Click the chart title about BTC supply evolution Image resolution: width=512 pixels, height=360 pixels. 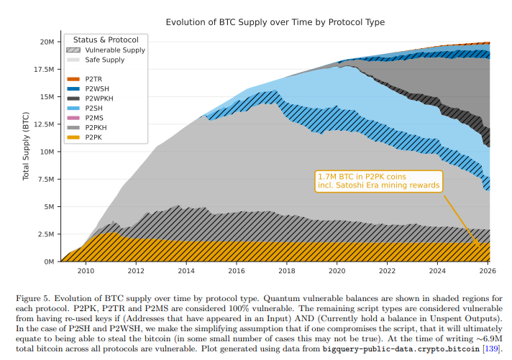pos(275,22)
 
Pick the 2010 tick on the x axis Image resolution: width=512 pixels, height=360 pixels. pos(86,271)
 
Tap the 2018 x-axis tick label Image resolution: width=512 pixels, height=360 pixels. pos(287,271)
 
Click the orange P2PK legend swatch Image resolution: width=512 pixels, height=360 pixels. pos(73,137)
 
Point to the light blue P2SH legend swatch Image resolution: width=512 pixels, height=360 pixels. pos(73,108)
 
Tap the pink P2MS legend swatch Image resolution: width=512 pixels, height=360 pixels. pos(73,117)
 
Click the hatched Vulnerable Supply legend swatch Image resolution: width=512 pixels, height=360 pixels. pos(73,50)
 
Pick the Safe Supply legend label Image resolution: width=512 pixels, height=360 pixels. pos(105,60)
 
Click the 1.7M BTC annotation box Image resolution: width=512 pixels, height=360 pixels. pos(378,180)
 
